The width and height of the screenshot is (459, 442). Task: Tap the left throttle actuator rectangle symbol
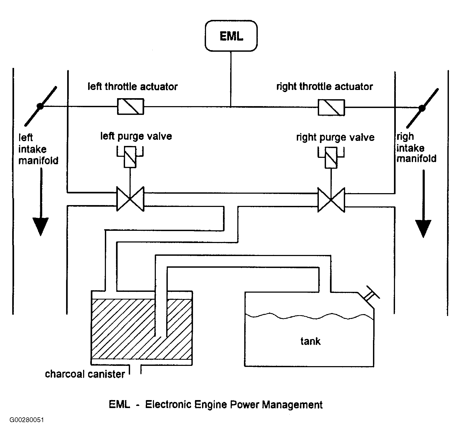[x=131, y=106]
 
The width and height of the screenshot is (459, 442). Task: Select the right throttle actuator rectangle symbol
[x=331, y=107]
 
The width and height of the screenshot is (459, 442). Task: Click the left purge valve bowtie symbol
[x=130, y=199]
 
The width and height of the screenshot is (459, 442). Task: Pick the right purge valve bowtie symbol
[x=331, y=200]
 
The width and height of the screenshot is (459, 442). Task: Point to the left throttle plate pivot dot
[x=40, y=106]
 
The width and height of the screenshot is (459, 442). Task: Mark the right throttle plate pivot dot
[x=422, y=108]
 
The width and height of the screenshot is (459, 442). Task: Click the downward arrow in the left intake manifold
[x=41, y=202]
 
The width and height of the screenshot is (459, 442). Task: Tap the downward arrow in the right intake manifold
[x=423, y=204]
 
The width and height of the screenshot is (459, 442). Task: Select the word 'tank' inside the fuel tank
[x=310, y=341]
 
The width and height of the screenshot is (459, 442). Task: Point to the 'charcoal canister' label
[x=85, y=374]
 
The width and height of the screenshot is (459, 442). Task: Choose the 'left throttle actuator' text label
[x=132, y=86]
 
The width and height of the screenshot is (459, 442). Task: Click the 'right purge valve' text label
[x=335, y=137]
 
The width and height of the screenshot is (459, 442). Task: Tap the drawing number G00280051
[x=27, y=427]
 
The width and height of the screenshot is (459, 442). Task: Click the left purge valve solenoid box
[x=130, y=157]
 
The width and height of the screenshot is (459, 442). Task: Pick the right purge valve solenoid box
[x=331, y=158]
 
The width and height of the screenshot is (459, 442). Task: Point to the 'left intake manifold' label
[x=38, y=149]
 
